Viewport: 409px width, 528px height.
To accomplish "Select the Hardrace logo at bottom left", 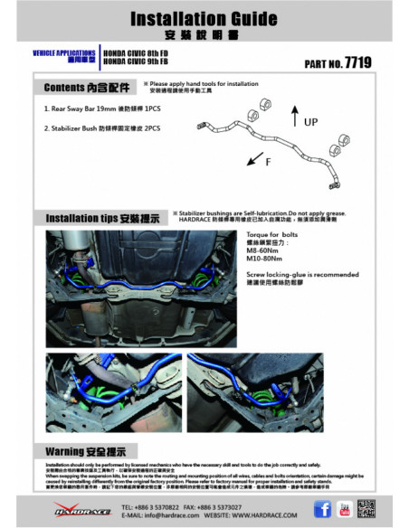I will click(x=77, y=511).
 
